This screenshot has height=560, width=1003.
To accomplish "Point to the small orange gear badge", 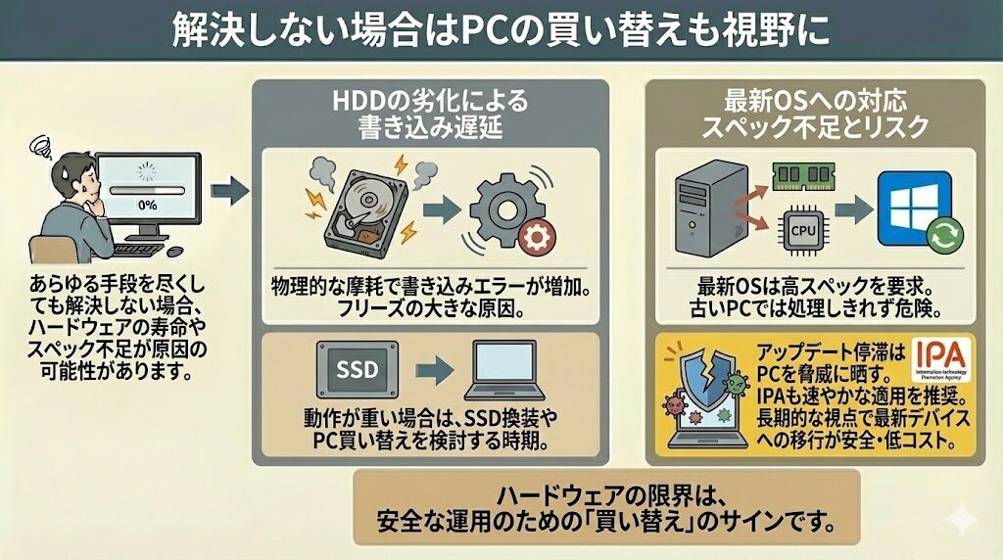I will pos(535,238).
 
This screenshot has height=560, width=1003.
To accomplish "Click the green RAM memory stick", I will pos(801,178).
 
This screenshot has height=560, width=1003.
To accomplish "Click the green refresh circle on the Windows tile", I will pos(945,236).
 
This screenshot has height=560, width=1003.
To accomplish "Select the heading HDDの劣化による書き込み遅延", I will pos(431,114).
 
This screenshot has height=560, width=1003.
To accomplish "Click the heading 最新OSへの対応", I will pos(815,100).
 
